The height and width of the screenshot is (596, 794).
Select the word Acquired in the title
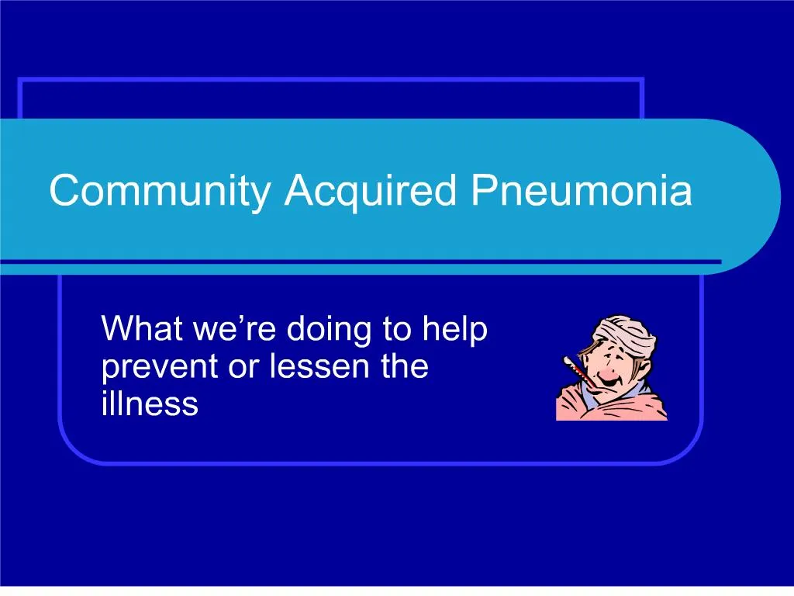370,191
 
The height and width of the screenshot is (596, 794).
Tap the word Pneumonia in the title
581,191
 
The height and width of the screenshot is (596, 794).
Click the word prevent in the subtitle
159,368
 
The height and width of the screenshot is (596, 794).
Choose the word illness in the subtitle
150,404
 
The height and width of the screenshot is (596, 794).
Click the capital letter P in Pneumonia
482,191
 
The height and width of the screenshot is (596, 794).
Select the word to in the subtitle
396,329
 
